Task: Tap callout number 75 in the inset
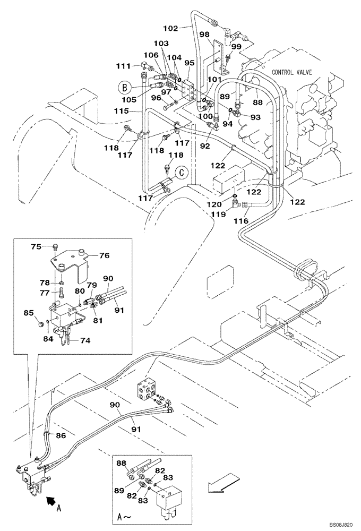tap(36, 246)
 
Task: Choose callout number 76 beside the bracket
tap(104, 255)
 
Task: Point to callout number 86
tap(61, 435)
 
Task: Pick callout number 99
tap(236, 47)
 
